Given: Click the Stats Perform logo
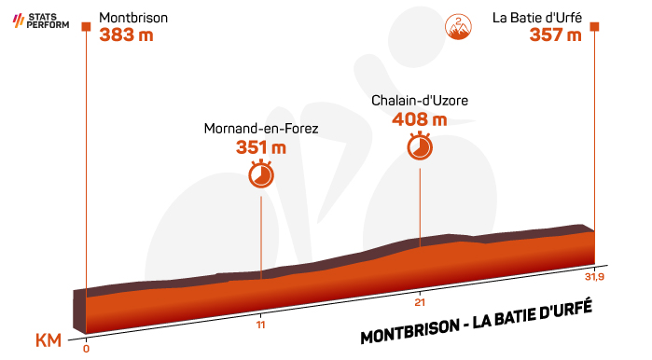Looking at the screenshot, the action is [41, 21].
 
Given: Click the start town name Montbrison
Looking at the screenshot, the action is [133, 18].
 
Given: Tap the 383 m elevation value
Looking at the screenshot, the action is [127, 35].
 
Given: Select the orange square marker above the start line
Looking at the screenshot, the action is [86, 27].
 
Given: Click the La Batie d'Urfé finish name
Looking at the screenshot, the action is [537, 18].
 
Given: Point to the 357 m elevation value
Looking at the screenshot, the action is [555, 35].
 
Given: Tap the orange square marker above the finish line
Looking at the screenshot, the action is [594, 27].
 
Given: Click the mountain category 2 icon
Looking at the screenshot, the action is [458, 27].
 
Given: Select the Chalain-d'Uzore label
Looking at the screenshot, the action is [420, 101].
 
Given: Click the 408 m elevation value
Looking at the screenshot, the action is [420, 119].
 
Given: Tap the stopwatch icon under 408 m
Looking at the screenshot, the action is [420, 145].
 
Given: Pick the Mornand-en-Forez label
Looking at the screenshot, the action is [261, 129].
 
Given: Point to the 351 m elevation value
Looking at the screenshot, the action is [261, 147].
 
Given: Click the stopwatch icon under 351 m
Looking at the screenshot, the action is [261, 173].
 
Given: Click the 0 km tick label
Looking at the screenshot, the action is [86, 349].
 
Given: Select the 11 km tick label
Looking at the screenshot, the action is [261, 325].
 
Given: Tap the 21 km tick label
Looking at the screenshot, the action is [420, 302].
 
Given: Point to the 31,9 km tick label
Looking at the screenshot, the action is [594, 276].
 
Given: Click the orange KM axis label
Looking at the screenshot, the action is [49, 340].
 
